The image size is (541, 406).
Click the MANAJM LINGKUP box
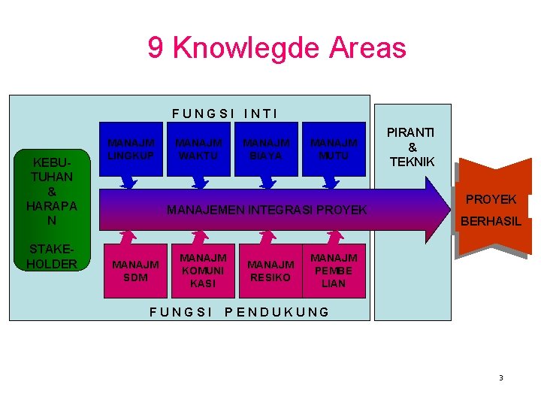coord(131,148)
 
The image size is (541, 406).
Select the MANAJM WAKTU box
coord(199,148)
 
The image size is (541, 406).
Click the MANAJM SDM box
coord(134,271)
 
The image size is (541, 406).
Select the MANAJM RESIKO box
coord(270,271)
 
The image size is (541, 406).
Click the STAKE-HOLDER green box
coord(53,256)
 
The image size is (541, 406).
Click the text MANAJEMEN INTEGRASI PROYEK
coord(266,210)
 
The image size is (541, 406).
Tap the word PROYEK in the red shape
coord(491,199)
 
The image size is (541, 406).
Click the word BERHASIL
coord(491,222)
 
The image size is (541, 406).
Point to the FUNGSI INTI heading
coord(225,114)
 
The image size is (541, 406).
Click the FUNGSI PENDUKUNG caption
coord(239,312)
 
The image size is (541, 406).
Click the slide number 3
coord(500,377)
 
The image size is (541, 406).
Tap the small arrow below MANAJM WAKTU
coord(199,183)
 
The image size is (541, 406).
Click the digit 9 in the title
coord(156,48)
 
